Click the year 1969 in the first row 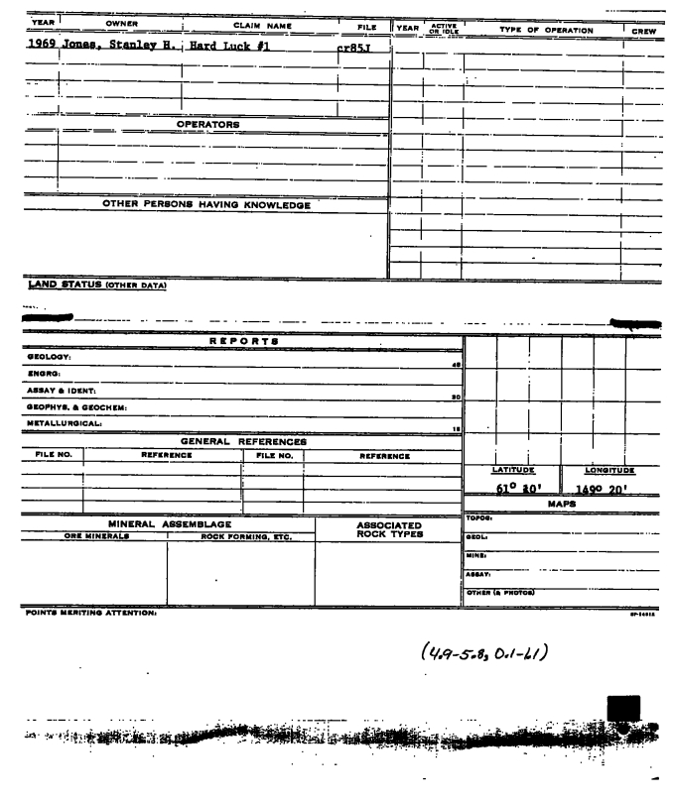(x=35, y=46)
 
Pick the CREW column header (x=643, y=31)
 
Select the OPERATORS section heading (x=207, y=125)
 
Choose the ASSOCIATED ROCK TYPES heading (x=388, y=530)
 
